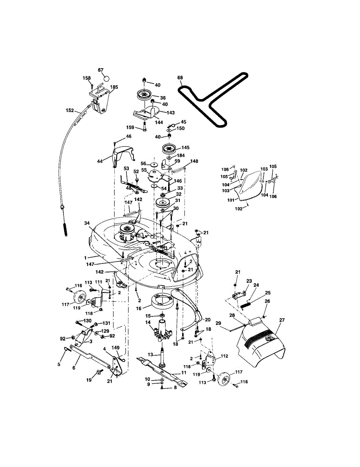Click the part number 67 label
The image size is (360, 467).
101,70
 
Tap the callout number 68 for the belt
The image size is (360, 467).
180,78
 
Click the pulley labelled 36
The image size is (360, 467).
144,95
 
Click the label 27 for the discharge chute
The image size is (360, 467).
282,320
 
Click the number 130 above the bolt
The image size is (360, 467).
87,321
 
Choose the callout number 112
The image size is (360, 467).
224,356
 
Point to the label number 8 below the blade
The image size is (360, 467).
175,387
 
